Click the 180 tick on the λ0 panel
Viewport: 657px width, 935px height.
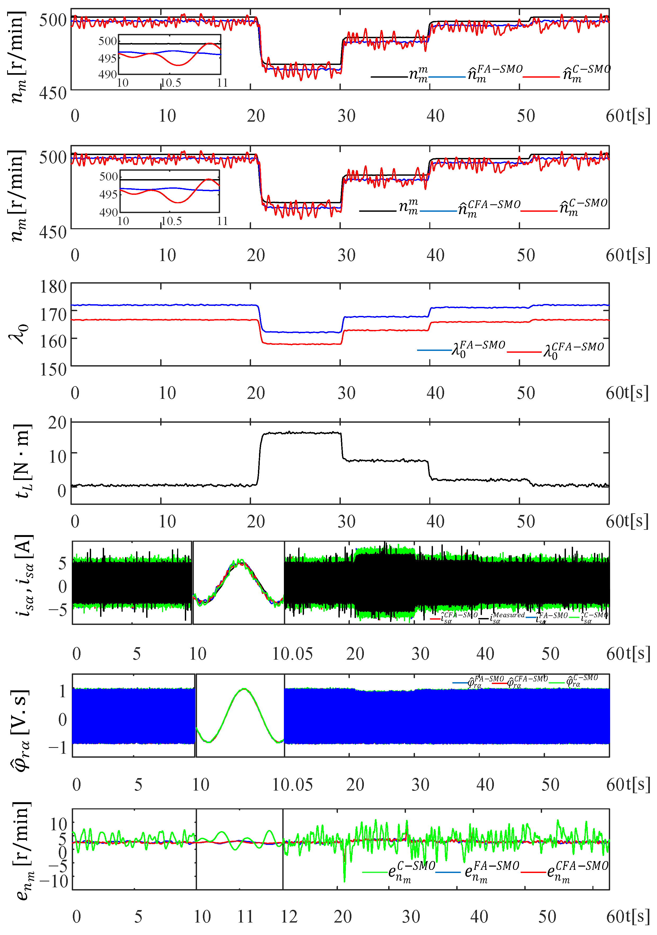tap(53, 287)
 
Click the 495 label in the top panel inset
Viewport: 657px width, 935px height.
tap(108, 58)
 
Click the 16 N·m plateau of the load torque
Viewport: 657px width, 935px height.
tap(301, 433)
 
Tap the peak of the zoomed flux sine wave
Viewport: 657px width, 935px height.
tap(244, 689)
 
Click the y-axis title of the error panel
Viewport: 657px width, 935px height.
tap(22, 851)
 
